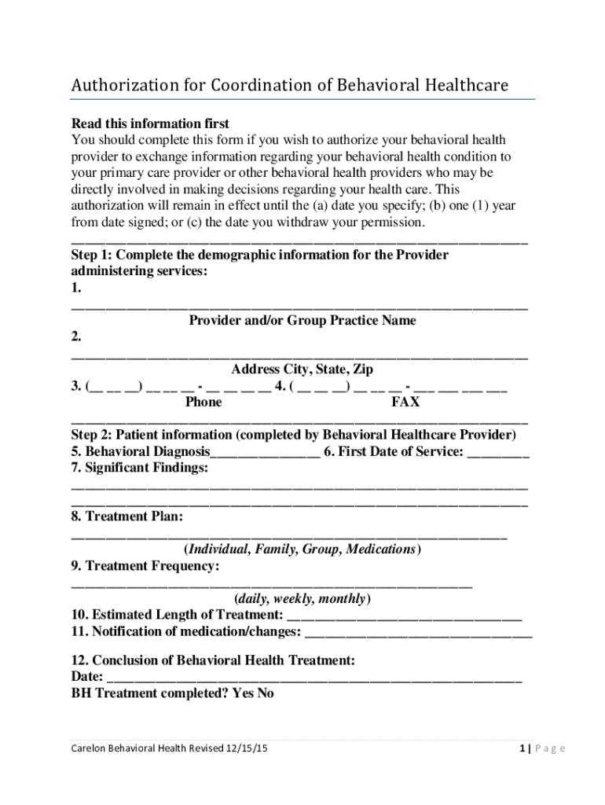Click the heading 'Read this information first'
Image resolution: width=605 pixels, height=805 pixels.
(x=150, y=123)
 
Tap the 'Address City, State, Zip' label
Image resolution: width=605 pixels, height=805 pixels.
(x=302, y=369)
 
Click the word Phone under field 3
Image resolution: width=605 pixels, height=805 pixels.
(x=203, y=402)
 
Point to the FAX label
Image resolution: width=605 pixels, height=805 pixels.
(x=405, y=402)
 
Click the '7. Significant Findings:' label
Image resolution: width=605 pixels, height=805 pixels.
(x=140, y=468)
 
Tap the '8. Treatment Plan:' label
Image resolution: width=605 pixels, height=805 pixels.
(x=127, y=516)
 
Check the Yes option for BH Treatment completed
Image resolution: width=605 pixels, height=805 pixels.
(x=243, y=693)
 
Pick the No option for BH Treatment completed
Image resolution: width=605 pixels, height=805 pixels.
(x=266, y=693)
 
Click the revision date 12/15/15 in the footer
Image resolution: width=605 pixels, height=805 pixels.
(x=246, y=749)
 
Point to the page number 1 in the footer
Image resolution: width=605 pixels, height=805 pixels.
(x=522, y=749)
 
